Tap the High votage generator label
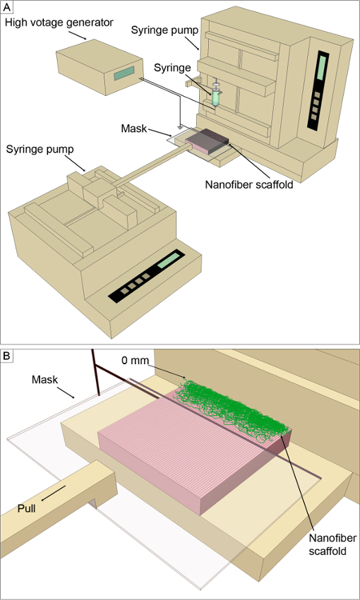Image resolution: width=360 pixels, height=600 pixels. pyautogui.click(x=59, y=23)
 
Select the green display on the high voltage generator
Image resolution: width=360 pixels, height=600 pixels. pyautogui.click(x=124, y=73)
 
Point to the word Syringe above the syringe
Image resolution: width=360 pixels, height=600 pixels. pyautogui.click(x=172, y=68)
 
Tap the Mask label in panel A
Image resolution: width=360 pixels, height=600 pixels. pyautogui.click(x=134, y=128)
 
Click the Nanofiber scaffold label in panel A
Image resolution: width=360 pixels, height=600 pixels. pyautogui.click(x=249, y=185)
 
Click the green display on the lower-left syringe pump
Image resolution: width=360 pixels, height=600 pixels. pyautogui.click(x=169, y=260)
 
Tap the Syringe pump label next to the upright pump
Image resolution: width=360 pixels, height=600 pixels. pyautogui.click(x=164, y=30)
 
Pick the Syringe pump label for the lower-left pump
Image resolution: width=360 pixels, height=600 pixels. pyautogui.click(x=40, y=150)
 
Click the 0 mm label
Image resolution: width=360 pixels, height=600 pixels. pyautogui.click(x=135, y=360)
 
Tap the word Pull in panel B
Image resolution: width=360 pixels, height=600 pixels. pyautogui.click(x=26, y=510)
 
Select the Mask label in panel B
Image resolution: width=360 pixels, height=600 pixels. pyautogui.click(x=45, y=380)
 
